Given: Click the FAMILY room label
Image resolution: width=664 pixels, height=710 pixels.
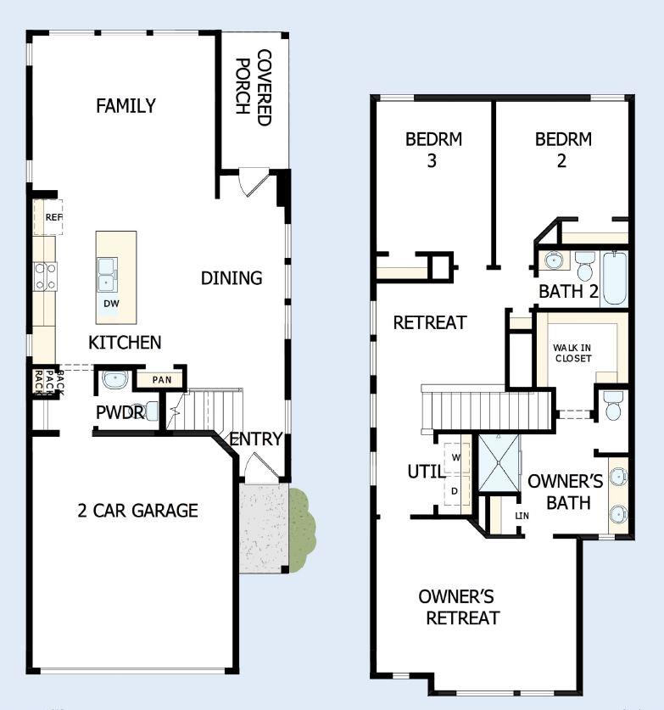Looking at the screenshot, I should [x=126, y=106].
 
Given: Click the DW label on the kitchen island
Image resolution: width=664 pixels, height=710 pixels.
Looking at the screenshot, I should [x=111, y=303].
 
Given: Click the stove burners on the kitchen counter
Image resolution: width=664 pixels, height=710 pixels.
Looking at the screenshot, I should [x=45, y=276].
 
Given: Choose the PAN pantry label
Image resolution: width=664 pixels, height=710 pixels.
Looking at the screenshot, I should [x=161, y=379].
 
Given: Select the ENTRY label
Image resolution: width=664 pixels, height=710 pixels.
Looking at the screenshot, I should [x=256, y=439].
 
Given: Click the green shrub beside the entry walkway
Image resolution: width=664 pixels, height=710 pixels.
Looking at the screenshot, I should [x=301, y=530].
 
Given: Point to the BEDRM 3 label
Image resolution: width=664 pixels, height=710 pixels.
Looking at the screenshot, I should [x=432, y=149].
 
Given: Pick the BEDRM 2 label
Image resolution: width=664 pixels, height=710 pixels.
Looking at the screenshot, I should [x=562, y=149].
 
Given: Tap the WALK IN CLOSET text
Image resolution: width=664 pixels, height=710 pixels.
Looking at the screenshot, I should [x=573, y=352].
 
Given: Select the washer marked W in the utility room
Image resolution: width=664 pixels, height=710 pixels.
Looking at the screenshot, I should [x=456, y=457].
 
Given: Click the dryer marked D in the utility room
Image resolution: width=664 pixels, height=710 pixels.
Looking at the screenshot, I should [x=456, y=490].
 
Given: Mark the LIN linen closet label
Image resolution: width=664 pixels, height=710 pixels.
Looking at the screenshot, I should [x=522, y=516].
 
